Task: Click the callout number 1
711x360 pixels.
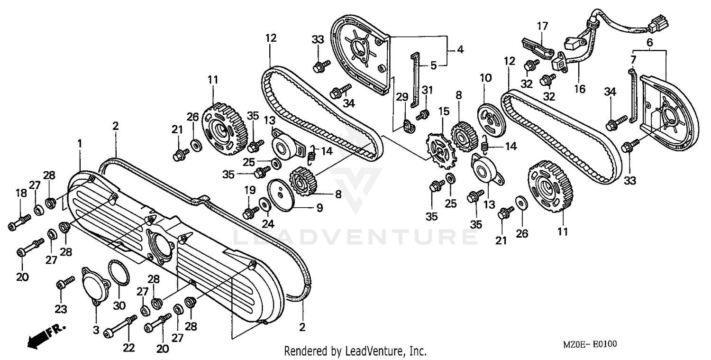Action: [80, 142]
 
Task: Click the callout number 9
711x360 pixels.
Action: [319, 207]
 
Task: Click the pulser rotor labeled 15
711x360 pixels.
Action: [440, 151]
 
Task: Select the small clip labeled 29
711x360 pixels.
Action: [408, 126]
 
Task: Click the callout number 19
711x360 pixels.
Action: [249, 190]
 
